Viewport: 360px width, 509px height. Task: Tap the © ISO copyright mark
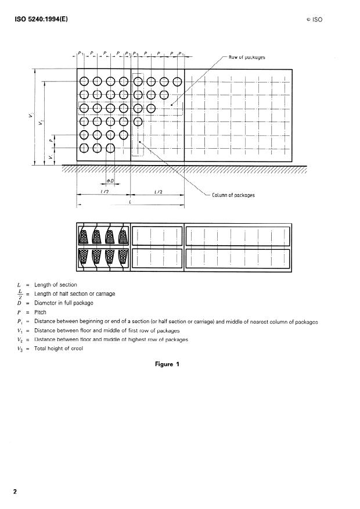tap(314, 19)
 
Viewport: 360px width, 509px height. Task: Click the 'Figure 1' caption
tap(167, 364)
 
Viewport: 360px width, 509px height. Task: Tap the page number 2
tap(16, 492)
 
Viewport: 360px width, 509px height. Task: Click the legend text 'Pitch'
tap(40, 312)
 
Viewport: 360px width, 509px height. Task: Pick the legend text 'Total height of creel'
tap(59, 348)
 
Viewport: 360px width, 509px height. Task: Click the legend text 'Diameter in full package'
tap(64, 303)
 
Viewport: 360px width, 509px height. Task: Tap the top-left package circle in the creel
tap(84, 81)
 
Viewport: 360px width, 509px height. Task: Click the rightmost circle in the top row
tap(177, 81)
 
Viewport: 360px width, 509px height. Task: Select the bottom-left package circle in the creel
tap(84, 148)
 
